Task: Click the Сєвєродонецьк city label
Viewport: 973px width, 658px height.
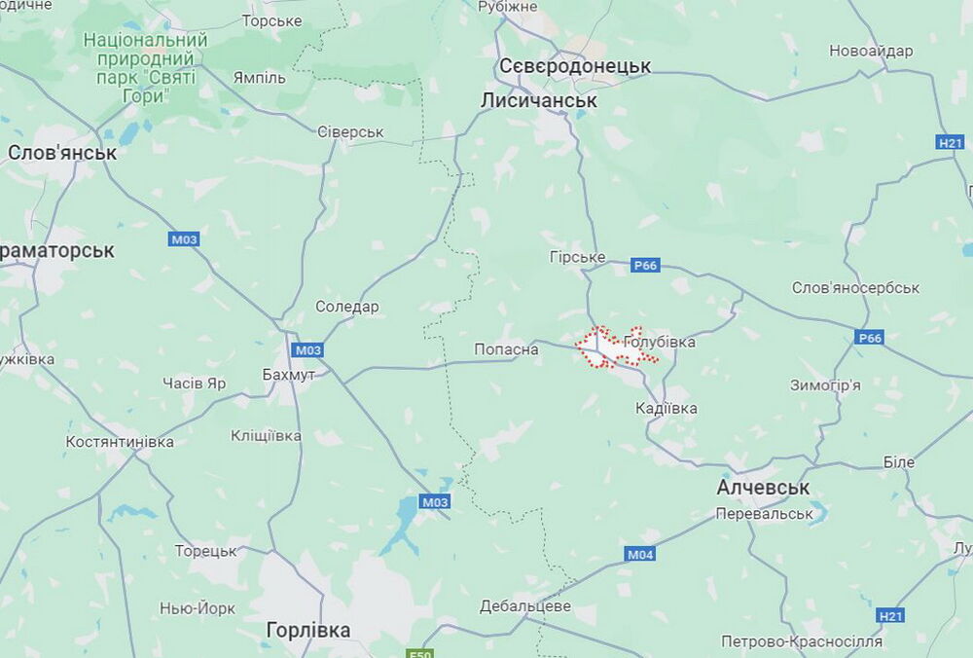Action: (x=574, y=66)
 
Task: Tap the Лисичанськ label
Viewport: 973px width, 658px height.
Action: (x=539, y=100)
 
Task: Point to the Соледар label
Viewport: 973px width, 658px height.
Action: (x=347, y=307)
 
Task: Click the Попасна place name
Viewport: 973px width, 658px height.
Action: (x=506, y=349)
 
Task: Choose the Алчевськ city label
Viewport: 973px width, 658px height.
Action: (x=763, y=488)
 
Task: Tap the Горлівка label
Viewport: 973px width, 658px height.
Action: (x=307, y=630)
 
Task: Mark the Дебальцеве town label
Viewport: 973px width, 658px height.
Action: (x=525, y=605)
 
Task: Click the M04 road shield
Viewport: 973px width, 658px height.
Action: (x=639, y=554)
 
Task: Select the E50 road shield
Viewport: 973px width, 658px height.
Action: (x=420, y=654)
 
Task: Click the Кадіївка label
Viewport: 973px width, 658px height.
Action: (x=666, y=408)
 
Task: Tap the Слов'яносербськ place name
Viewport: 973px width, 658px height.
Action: (x=855, y=288)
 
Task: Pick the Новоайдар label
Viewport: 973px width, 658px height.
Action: (x=871, y=51)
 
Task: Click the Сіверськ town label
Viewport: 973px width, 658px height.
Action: (x=351, y=131)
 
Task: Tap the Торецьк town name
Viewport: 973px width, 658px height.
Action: (x=205, y=551)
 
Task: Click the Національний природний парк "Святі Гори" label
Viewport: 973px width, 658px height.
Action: (x=146, y=68)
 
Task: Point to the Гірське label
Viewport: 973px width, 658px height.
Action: (x=578, y=257)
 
